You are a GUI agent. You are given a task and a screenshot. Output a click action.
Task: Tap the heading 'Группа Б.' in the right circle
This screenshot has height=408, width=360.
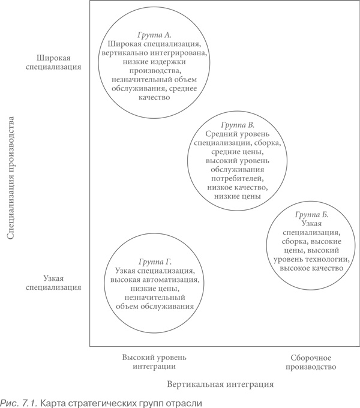[x=313, y=214]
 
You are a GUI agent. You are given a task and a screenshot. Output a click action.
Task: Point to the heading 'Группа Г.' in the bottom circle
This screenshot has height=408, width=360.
[x=155, y=262]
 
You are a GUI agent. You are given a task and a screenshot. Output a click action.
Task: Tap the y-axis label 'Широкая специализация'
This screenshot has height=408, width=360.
[x=54, y=62]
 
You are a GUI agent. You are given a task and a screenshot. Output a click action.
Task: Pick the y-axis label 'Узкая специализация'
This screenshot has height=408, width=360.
[x=54, y=283]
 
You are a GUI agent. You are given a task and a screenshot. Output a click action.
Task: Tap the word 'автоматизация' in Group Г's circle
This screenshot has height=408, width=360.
[x=170, y=280]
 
